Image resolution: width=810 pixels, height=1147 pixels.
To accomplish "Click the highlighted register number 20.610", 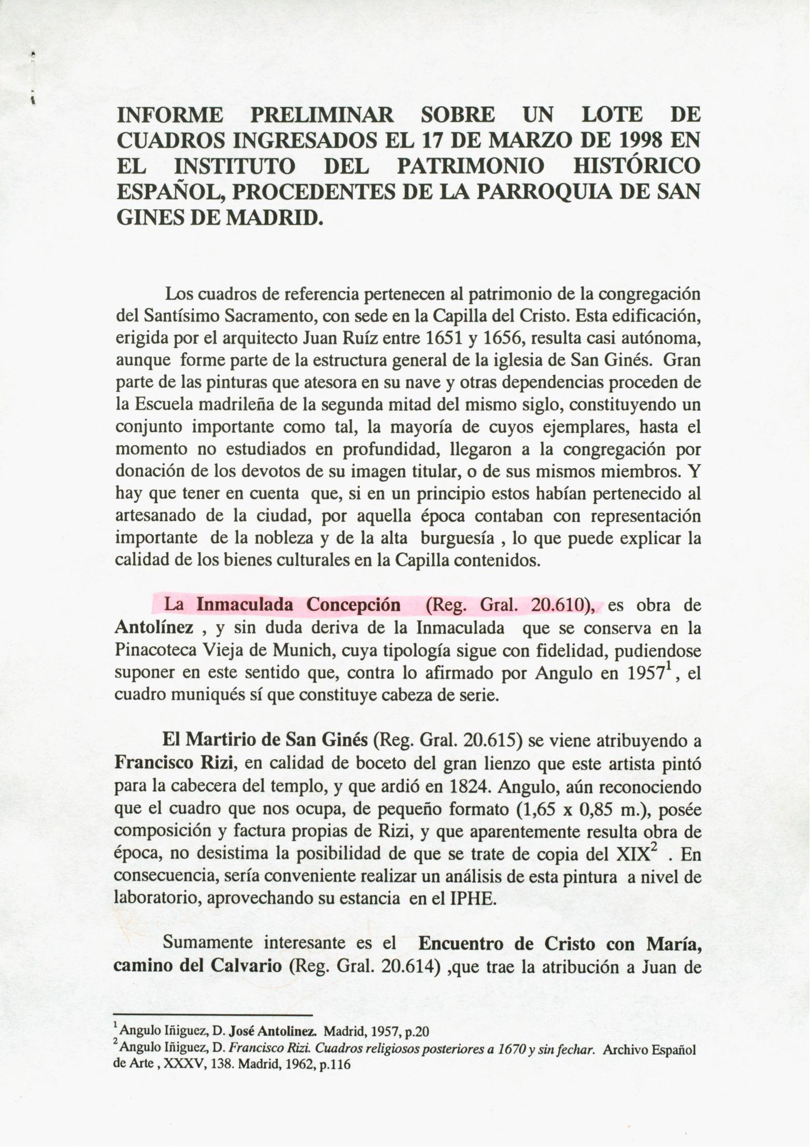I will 561,605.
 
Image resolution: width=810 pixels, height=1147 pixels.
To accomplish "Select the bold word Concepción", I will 353,605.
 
